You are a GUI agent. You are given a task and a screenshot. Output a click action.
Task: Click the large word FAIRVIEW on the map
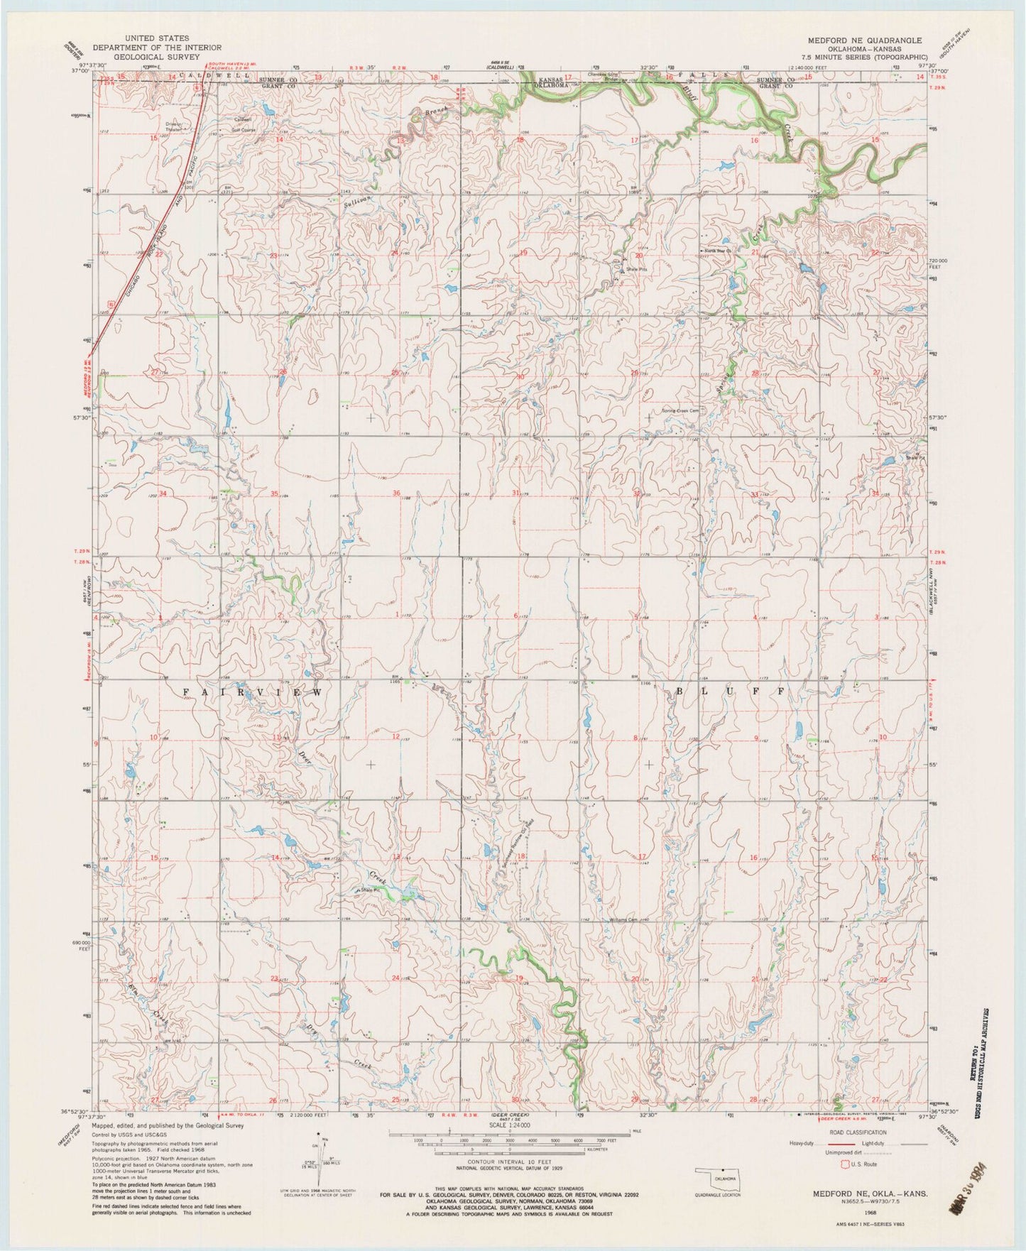point(254,691)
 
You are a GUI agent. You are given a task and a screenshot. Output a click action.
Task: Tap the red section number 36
point(396,493)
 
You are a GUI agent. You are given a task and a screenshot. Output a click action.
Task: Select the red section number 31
point(515,493)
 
